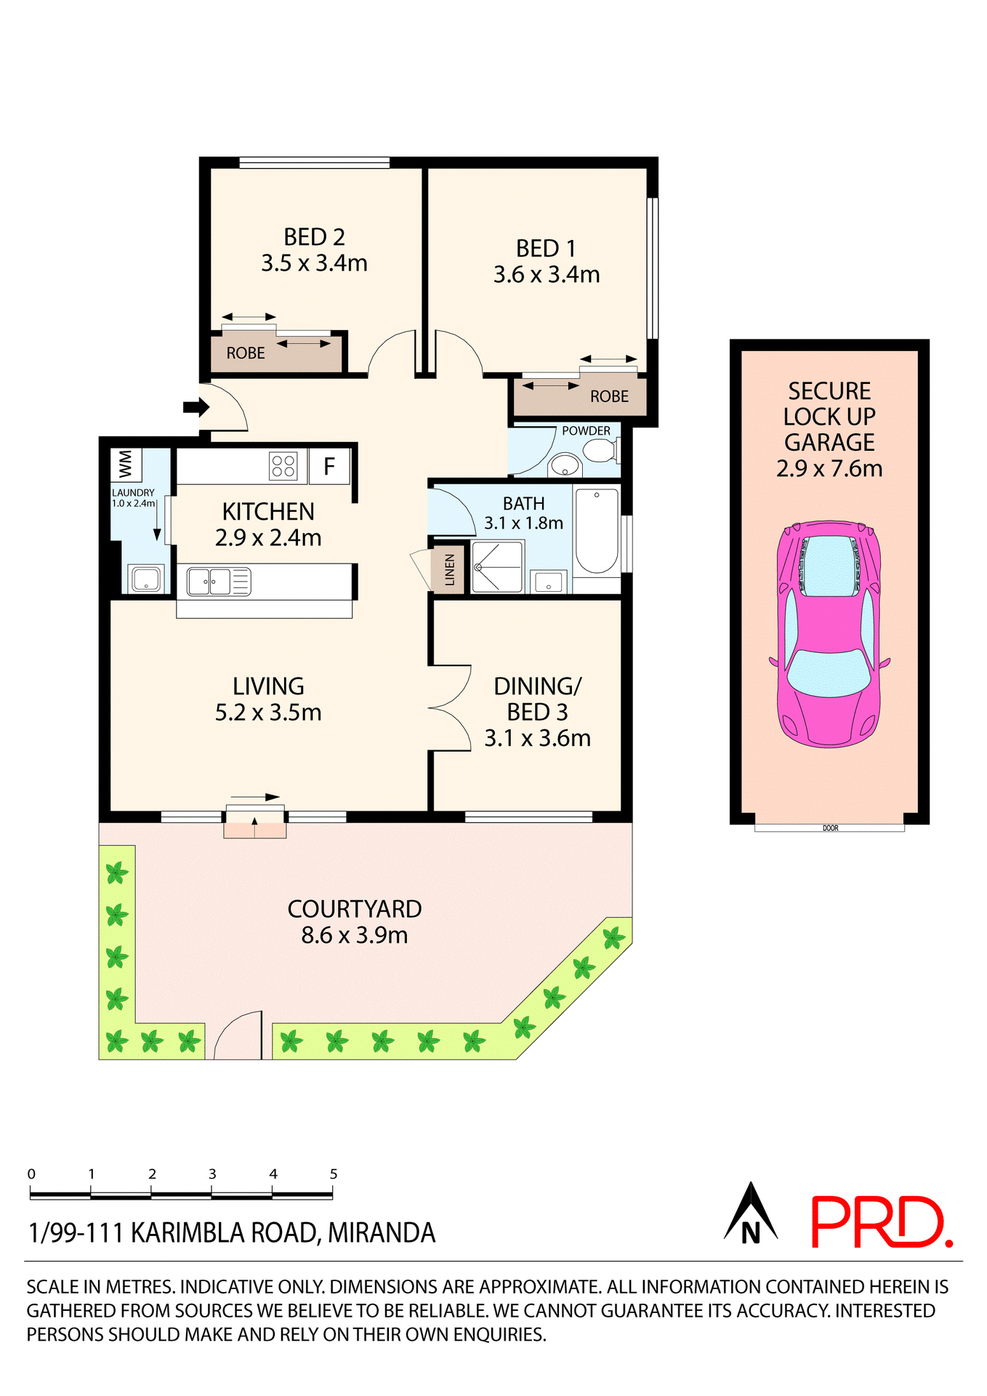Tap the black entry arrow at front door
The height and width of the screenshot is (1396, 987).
click(x=195, y=407)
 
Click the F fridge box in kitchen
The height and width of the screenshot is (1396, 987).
click(x=329, y=466)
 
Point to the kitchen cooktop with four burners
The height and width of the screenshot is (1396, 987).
click(x=283, y=466)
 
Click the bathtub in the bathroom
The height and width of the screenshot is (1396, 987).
click(x=597, y=531)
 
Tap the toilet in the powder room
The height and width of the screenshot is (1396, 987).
click(x=600, y=452)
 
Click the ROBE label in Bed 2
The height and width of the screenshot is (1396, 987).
click(x=246, y=353)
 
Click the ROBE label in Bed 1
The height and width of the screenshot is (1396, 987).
click(x=609, y=396)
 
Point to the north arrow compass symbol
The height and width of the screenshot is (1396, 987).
click(x=751, y=1214)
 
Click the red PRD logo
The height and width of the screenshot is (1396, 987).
click(x=880, y=1223)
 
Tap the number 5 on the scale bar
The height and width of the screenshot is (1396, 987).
click(x=334, y=1174)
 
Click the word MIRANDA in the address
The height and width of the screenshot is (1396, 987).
click(x=382, y=1233)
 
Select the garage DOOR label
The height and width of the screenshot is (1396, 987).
click(x=830, y=828)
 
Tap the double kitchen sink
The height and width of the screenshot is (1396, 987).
click(x=209, y=582)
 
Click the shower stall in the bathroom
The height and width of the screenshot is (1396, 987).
click(x=497, y=566)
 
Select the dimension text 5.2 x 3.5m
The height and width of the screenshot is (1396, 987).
click(x=268, y=713)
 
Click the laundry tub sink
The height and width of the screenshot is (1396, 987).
click(x=145, y=579)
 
